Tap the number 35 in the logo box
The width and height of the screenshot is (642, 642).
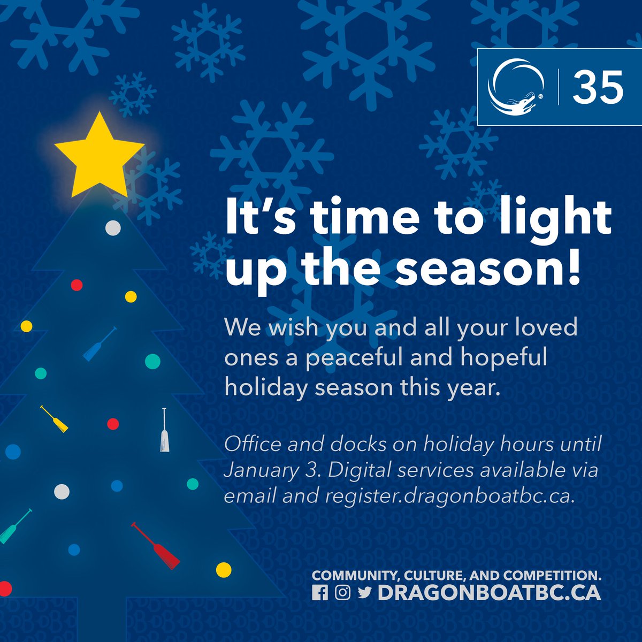[x=598, y=87]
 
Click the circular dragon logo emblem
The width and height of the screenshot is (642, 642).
[x=517, y=87]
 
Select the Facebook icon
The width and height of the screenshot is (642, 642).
[x=320, y=593]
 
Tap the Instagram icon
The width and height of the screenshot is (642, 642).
[x=342, y=593]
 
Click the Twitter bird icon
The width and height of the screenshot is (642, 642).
[x=365, y=593]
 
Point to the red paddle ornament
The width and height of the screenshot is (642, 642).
[x=156, y=546]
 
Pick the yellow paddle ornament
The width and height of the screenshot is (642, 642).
[x=54, y=419]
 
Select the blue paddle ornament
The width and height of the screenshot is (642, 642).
[x=100, y=344]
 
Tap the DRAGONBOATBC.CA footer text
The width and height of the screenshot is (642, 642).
[x=489, y=593]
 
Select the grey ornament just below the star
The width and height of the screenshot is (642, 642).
[x=113, y=228]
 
